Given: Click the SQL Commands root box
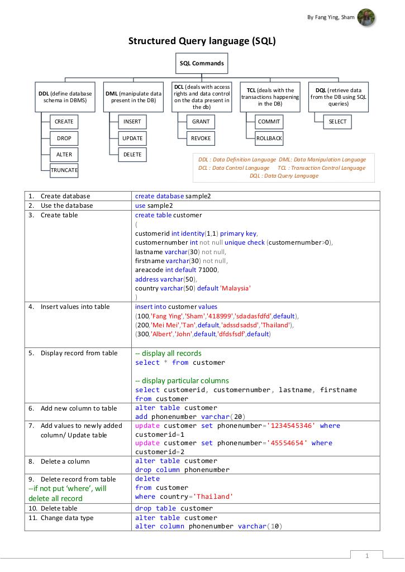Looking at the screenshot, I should (202, 63).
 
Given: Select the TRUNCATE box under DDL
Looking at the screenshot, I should (64, 170).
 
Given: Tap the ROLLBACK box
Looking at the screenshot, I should (269, 138).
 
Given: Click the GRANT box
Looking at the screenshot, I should (201, 121).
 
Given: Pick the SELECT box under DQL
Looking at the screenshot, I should (337, 121).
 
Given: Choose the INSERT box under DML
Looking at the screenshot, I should (132, 121).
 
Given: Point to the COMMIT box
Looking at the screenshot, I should (269, 121).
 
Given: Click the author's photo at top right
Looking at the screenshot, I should (366, 17).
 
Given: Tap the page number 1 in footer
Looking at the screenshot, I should (367, 556).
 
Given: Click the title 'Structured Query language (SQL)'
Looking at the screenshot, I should (202, 41).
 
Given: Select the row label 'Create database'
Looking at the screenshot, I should (65, 196).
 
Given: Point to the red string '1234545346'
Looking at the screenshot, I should (291, 426).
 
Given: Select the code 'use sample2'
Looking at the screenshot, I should (154, 206).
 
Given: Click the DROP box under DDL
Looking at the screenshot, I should (64, 138).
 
